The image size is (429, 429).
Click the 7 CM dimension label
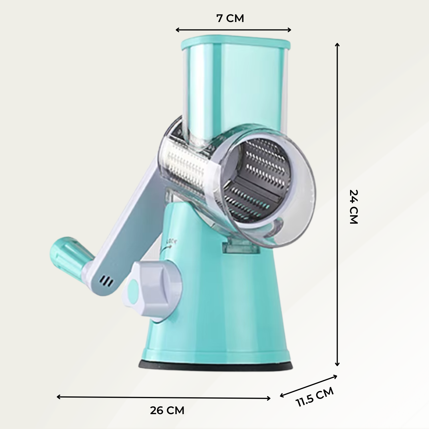point(230,18)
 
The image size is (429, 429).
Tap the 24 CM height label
point(354,206)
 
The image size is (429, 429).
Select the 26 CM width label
point(167,411)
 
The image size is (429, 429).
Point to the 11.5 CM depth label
point(315,397)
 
